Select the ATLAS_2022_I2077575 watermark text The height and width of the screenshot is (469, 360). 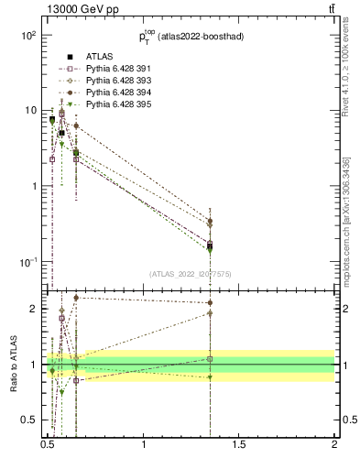(191, 273)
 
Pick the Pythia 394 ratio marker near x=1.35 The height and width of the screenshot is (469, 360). (211, 302)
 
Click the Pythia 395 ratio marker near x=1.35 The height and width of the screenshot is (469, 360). (211, 377)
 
